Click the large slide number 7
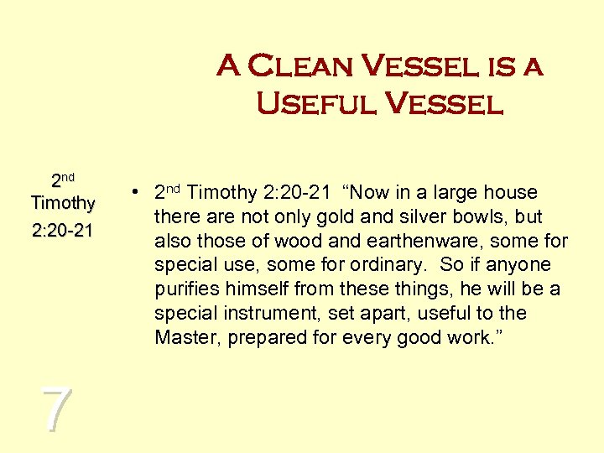pyautogui.click(x=55, y=410)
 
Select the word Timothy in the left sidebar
pyautogui.click(x=62, y=203)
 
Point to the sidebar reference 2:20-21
pyautogui.click(x=62, y=230)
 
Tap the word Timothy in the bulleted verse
pyautogui.click(x=220, y=192)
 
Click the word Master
pyautogui.click(x=182, y=338)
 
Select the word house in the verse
pyautogui.click(x=513, y=192)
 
